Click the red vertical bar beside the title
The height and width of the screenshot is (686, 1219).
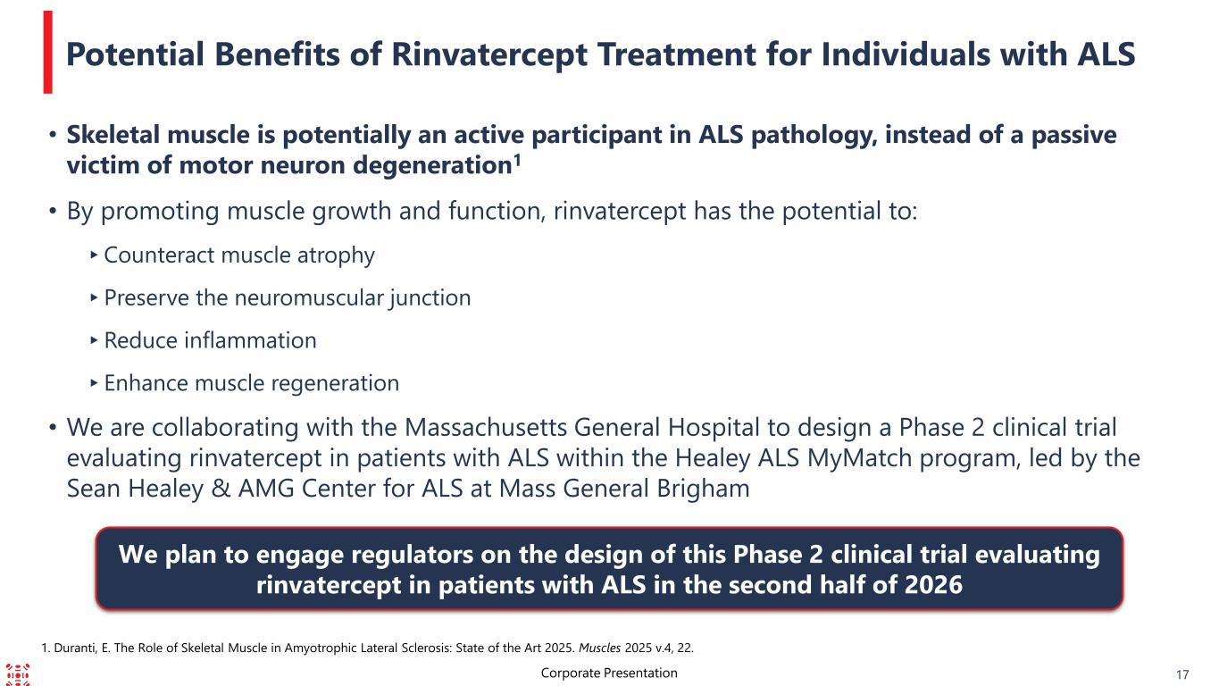(48, 53)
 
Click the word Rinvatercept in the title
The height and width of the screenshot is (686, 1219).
(489, 55)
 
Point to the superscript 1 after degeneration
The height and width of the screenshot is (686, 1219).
(517, 161)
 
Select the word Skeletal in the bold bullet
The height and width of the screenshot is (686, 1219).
(113, 135)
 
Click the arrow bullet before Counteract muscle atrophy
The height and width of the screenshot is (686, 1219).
(94, 255)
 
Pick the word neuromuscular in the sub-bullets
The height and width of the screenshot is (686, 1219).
(308, 298)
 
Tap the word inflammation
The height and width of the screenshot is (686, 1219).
(250, 341)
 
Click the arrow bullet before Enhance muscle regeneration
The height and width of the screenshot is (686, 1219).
(94, 382)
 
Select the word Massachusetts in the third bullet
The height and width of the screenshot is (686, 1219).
(485, 427)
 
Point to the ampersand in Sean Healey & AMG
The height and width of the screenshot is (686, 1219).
(221, 489)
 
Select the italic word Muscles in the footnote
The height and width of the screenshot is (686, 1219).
(600, 648)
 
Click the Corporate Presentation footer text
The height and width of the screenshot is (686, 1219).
(609, 673)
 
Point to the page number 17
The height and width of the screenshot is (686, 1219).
(1182, 675)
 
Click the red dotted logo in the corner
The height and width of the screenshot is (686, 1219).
(18, 674)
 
